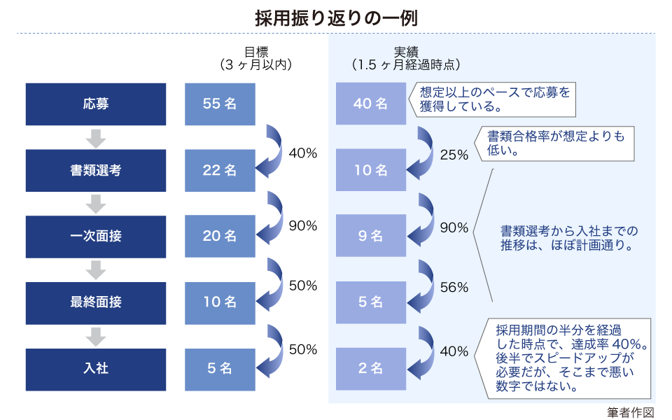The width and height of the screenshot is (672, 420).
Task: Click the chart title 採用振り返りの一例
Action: pyautogui.click(x=335, y=17)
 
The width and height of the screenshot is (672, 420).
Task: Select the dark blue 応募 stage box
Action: pyautogui.click(x=96, y=104)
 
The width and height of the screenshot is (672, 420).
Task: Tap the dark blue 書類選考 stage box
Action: pyautogui.click(x=96, y=170)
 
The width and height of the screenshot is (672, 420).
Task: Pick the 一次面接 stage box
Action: pyautogui.click(x=96, y=237)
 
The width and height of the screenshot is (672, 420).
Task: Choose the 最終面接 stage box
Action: pyautogui.click(x=96, y=303)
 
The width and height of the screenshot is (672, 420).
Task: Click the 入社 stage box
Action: pyautogui.click(x=96, y=369)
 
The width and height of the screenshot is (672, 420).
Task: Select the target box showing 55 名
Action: pyautogui.click(x=220, y=104)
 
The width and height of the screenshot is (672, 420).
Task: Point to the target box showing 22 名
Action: pyautogui.click(x=220, y=170)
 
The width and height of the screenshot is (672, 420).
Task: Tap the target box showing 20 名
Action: pyautogui.click(x=220, y=237)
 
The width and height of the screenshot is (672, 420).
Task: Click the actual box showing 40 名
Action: pyautogui.click(x=371, y=104)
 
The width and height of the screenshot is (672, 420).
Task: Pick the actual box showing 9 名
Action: pyautogui.click(x=371, y=237)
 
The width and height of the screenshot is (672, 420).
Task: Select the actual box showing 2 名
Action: pyautogui.click(x=371, y=369)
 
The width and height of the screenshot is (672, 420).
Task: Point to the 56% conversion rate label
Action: pyautogui.click(x=454, y=288)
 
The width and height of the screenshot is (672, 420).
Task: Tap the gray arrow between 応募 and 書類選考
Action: pyautogui.click(x=96, y=138)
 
